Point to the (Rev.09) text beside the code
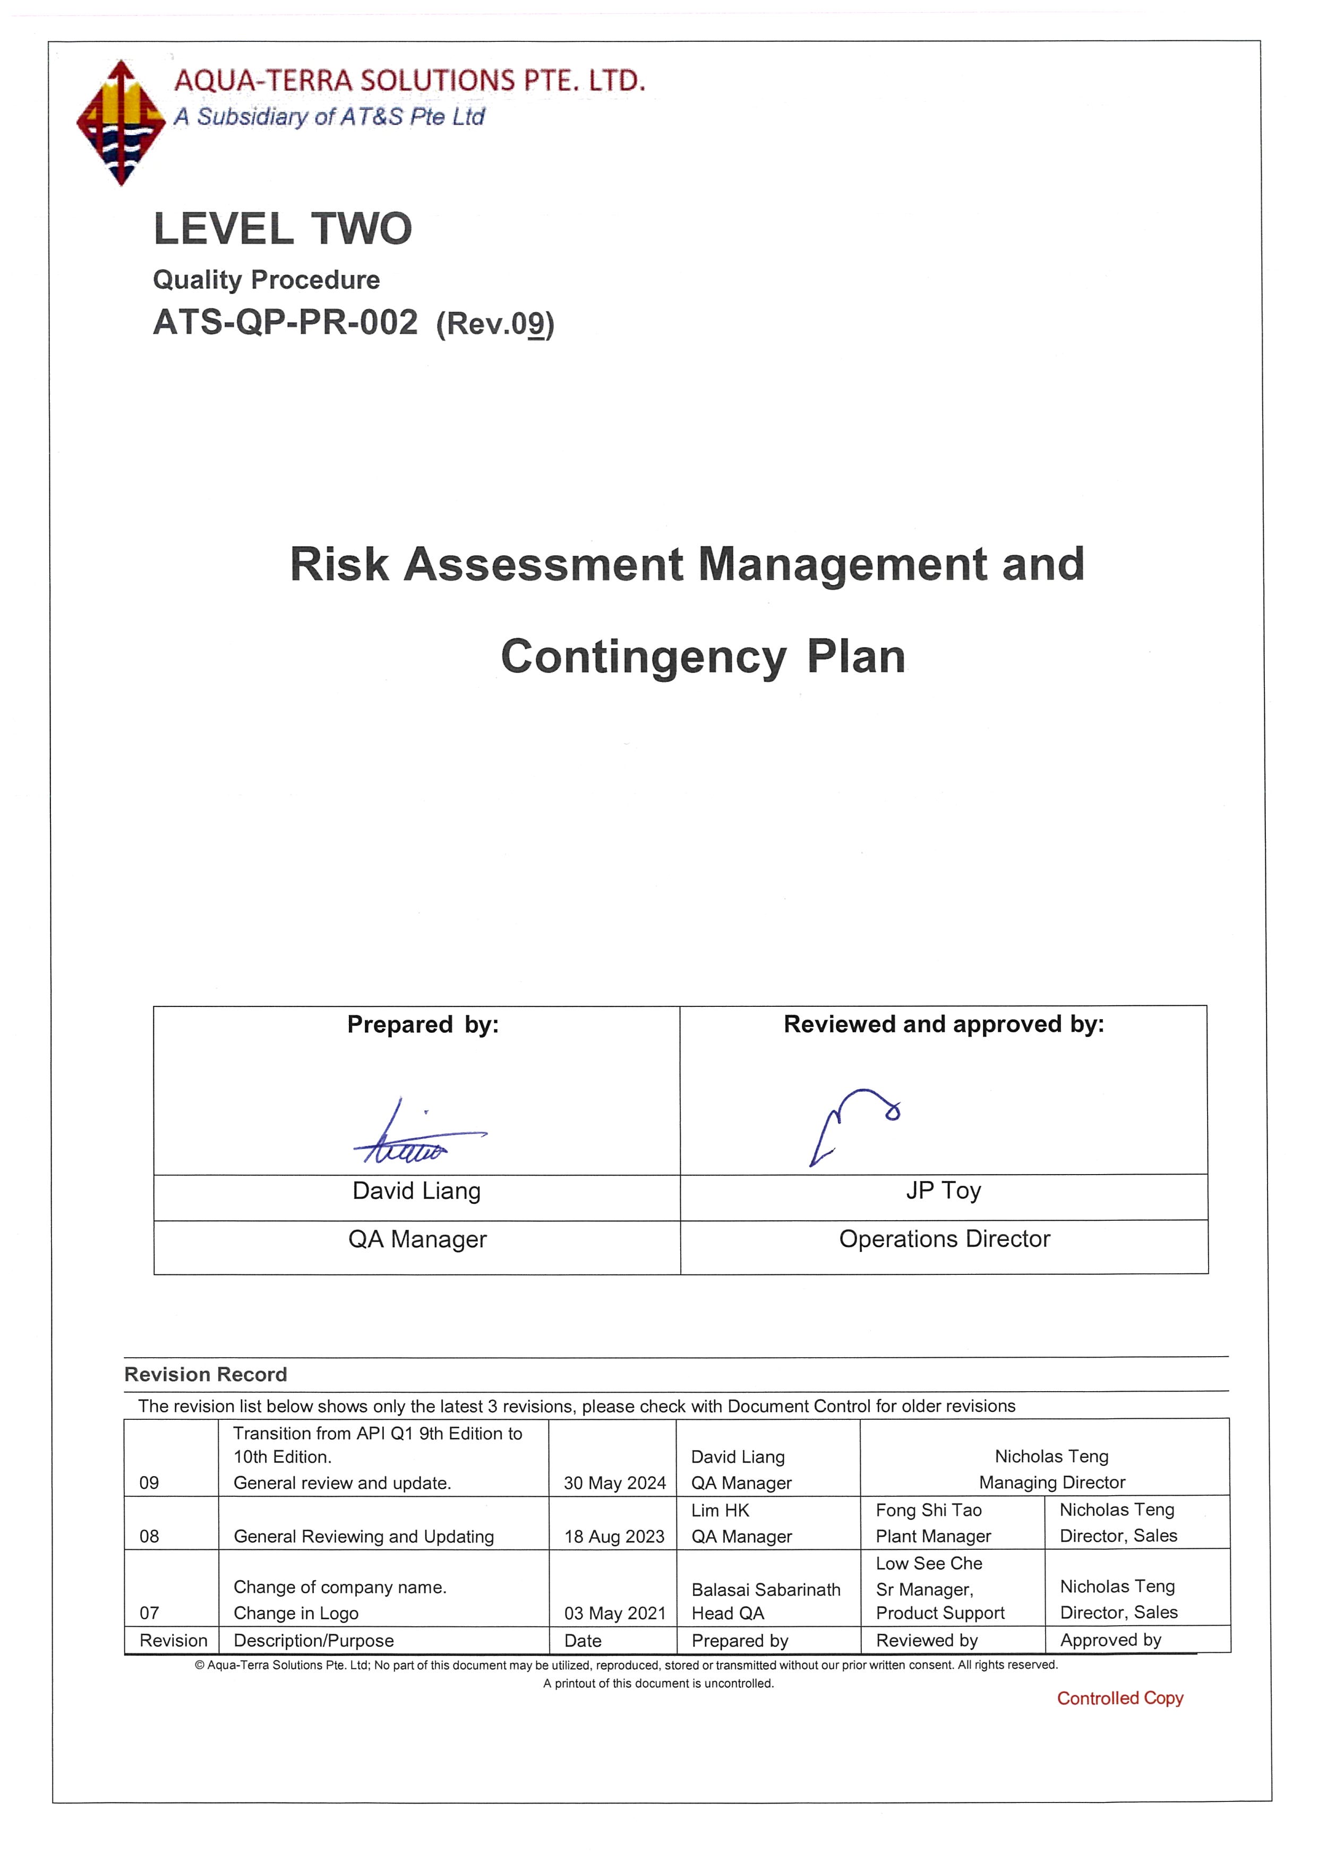[495, 324]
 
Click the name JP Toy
[943, 1191]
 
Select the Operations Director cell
[944, 1239]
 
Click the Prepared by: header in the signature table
[423, 1025]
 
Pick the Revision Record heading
[206, 1375]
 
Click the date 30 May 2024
[614, 1483]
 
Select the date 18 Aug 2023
[614, 1537]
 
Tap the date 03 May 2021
[614, 1613]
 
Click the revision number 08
[149, 1537]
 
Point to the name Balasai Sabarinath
[765, 1590]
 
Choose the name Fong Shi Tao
[928, 1510]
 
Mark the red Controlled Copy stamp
[1120, 1698]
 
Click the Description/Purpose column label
[313, 1641]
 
